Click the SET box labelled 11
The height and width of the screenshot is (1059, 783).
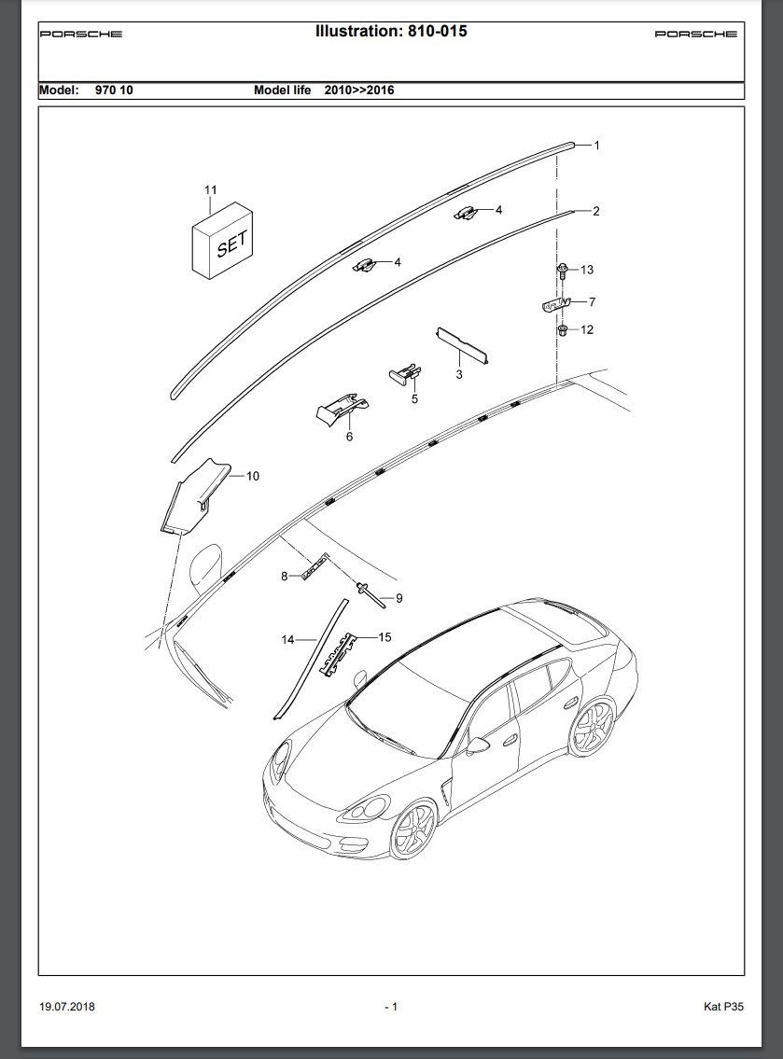222,241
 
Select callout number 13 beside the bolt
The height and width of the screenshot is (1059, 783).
586,271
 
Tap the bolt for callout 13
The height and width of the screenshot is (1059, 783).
562,272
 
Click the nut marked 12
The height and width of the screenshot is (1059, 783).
563,330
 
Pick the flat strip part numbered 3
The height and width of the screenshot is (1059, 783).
463,345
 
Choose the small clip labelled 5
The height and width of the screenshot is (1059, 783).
405,373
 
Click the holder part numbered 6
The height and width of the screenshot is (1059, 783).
342,410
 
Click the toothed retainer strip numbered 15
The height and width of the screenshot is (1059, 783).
337,656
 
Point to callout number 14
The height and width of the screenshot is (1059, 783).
287,639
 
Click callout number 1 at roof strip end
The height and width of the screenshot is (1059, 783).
596,146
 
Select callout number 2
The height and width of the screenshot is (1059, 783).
595,212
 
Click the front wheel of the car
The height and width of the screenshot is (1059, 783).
412,829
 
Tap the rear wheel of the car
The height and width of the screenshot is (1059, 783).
592,728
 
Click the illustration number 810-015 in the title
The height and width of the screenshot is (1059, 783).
437,31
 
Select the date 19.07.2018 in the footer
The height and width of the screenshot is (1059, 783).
67,1007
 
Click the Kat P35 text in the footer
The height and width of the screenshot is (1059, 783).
723,1007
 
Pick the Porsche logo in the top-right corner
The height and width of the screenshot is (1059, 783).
696,34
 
